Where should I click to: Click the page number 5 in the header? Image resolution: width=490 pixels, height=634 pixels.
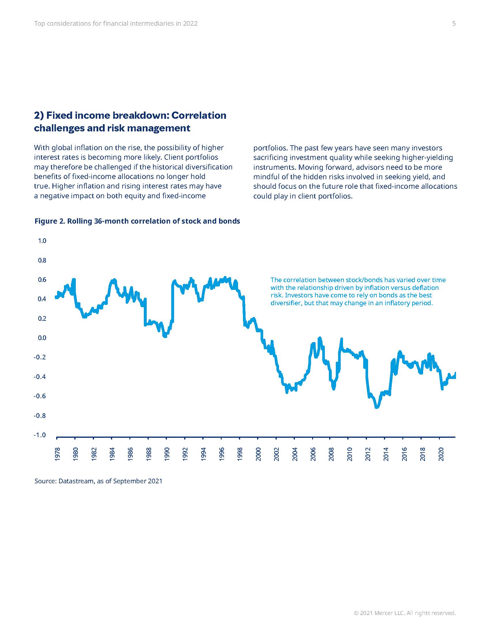pos(454,24)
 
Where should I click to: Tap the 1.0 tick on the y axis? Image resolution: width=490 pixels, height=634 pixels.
pos(42,241)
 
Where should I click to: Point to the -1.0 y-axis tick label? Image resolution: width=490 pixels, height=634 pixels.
pos(40,435)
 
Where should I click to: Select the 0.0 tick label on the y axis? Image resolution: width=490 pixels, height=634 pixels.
pos(42,338)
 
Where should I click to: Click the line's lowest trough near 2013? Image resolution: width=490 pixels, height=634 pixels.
pos(376,407)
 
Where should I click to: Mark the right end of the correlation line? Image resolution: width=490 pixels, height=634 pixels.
pos(455,373)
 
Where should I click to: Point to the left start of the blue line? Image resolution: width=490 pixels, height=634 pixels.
pos(56,297)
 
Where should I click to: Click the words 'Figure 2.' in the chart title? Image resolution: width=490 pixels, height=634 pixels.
pos(50,221)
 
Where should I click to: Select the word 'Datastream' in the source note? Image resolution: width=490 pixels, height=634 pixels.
pos(76,481)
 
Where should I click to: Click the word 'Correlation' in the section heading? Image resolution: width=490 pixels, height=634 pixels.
pos(199,116)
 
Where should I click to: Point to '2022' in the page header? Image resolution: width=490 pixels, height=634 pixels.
pos(190,24)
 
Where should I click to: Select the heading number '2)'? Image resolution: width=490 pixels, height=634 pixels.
pos(39,116)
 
